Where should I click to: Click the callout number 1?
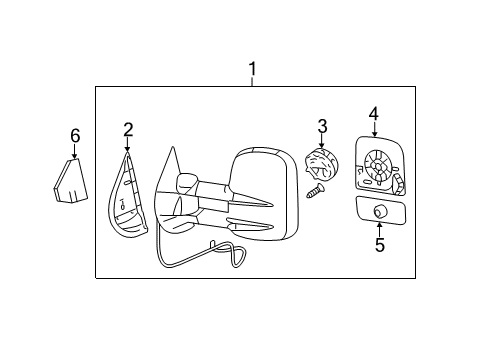coord(252,69)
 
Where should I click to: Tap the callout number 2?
coord(128,129)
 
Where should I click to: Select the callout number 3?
coord(322,125)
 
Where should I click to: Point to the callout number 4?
coord(372,114)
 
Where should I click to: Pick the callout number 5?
coord(379,245)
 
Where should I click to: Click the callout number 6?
coord(74,135)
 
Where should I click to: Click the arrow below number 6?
coord(74,152)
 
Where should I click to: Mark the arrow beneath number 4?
coord(372,131)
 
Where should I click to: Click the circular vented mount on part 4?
coord(378,163)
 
